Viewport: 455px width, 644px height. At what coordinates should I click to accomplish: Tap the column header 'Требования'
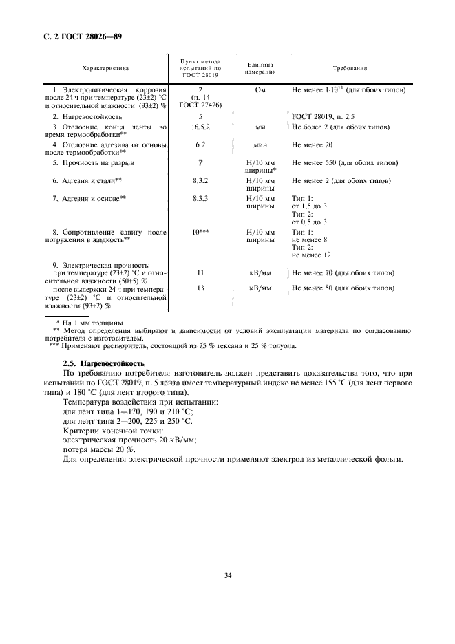349,69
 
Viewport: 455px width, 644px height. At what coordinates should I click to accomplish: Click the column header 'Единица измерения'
262,69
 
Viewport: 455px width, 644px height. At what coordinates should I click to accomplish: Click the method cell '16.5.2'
200,127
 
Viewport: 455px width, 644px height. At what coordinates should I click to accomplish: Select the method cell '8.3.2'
200,180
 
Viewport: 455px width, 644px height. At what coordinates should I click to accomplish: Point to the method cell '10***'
200,233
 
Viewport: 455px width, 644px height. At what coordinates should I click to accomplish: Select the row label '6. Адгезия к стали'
87,180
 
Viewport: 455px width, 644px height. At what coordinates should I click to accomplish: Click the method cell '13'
200,288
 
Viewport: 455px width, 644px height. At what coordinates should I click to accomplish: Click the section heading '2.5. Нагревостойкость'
103,363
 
